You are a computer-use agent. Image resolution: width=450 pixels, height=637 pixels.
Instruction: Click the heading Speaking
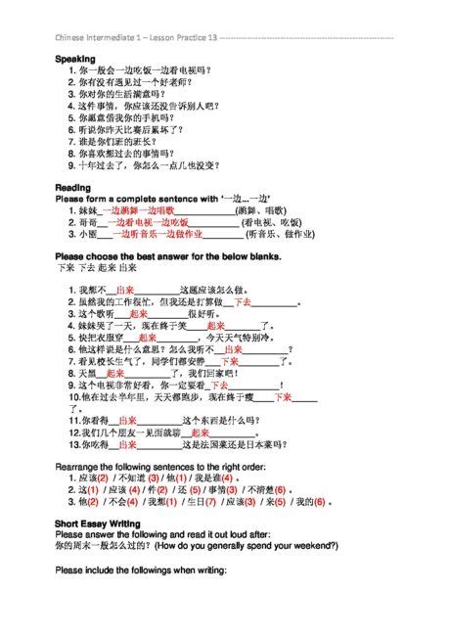73,60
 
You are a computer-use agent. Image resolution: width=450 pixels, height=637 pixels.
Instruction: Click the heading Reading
72,187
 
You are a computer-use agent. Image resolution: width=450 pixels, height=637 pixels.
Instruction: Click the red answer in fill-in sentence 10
284,398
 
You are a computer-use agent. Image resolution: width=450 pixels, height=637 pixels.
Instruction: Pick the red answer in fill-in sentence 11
127,420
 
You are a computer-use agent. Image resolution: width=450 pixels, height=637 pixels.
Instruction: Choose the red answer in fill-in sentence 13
127,445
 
